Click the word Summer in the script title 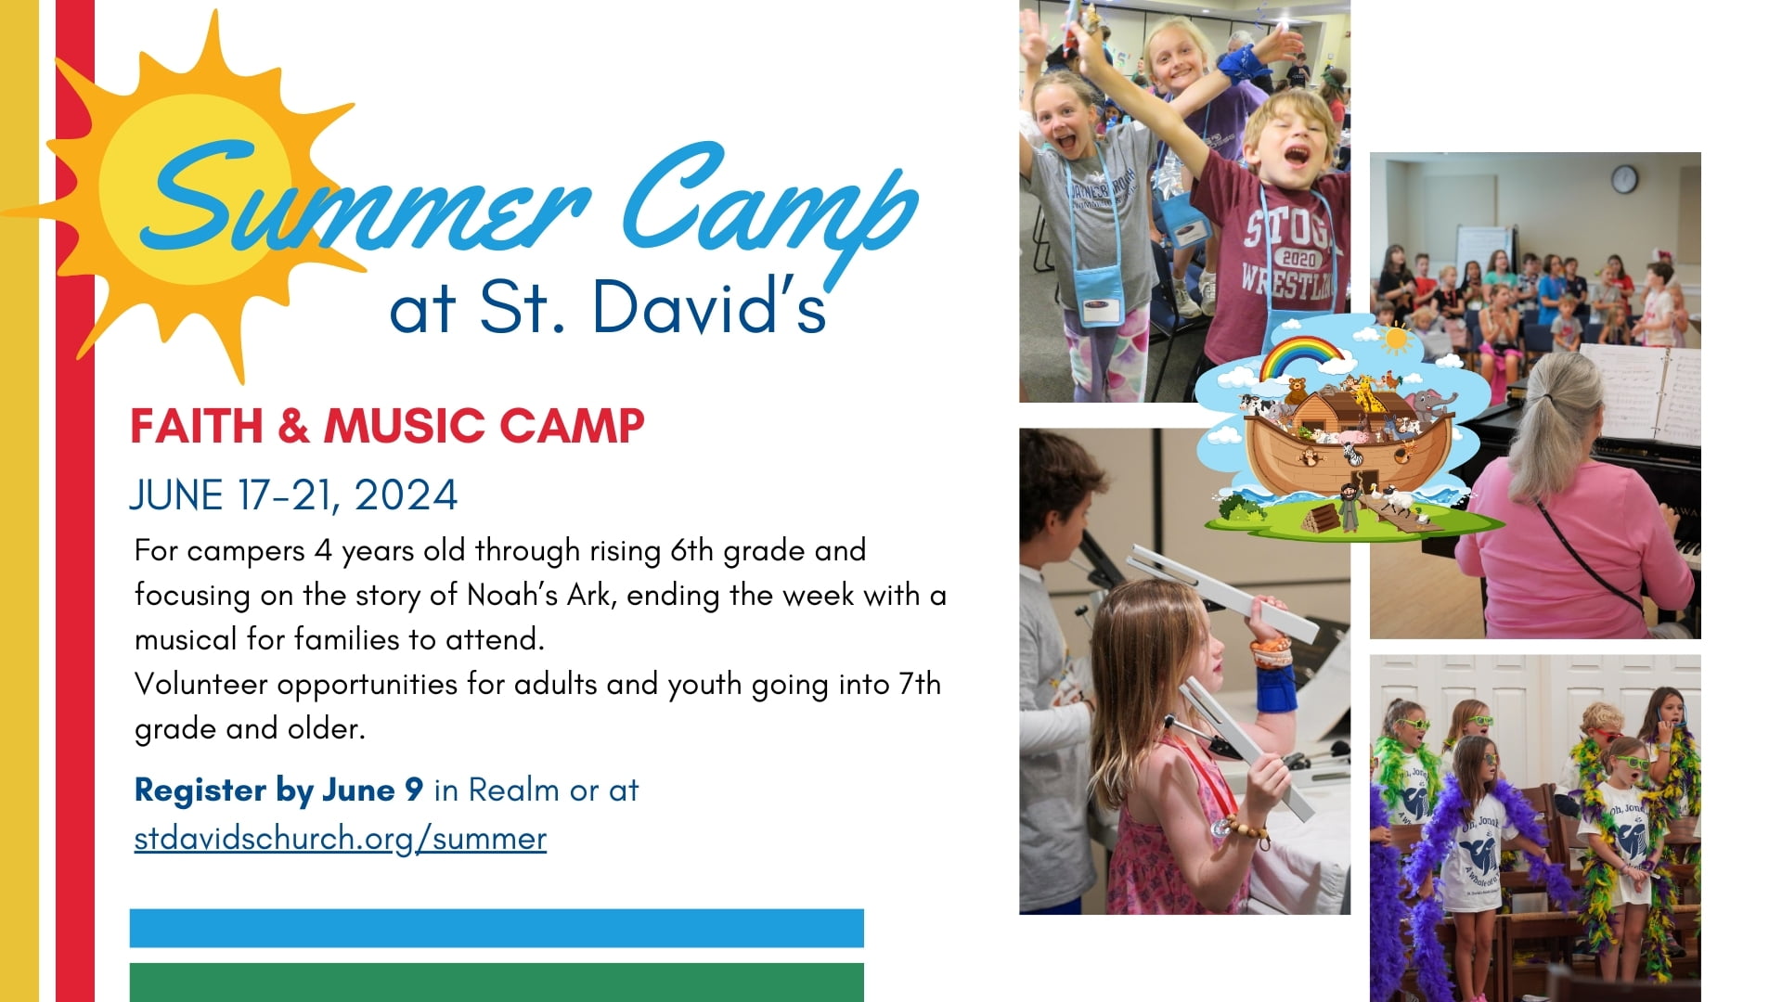click(x=362, y=199)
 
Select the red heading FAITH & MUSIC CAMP click(x=387, y=427)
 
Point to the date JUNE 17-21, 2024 click(x=293, y=495)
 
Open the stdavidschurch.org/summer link click(x=340, y=839)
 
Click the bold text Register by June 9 click(x=278, y=790)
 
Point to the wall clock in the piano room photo click(x=1623, y=179)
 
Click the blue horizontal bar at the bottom click(x=497, y=928)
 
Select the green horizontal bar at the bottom click(x=497, y=982)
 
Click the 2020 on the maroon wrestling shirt click(x=1298, y=259)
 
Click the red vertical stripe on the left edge click(x=74, y=649)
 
